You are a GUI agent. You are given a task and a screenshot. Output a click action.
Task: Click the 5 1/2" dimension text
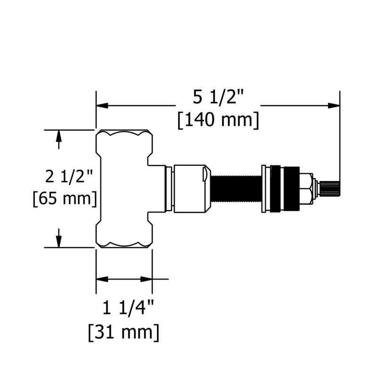[218, 98]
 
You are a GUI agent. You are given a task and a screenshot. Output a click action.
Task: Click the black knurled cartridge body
[285, 188]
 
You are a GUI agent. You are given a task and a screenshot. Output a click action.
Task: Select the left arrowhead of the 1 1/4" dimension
[100, 279]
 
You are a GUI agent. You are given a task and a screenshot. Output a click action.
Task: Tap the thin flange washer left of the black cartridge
[265, 188]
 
